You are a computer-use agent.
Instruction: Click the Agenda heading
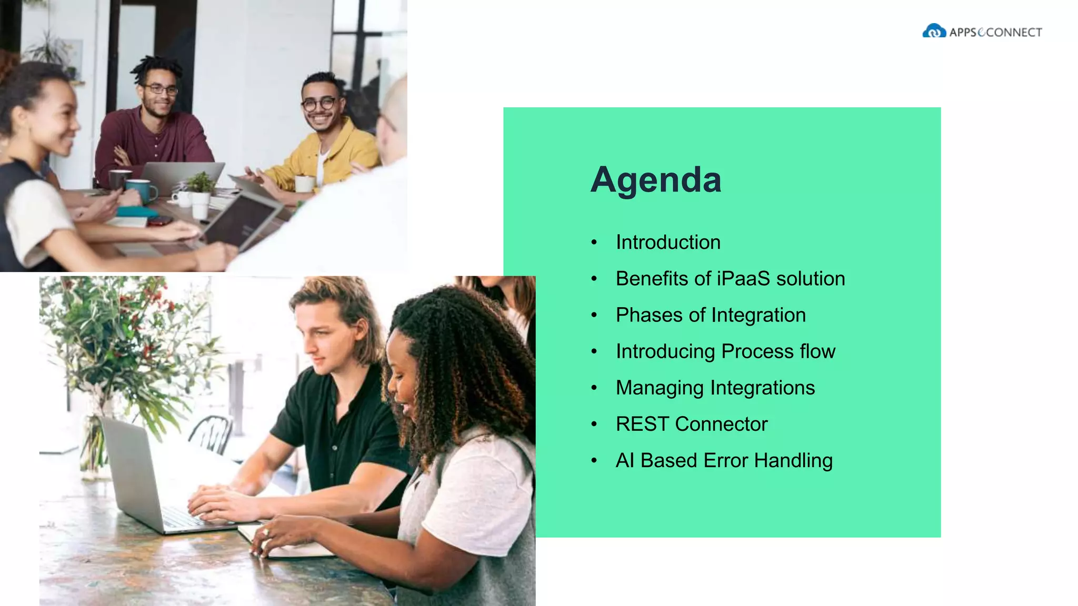(x=655, y=179)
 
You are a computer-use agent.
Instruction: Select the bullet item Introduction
(x=668, y=243)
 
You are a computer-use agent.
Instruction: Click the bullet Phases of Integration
(x=711, y=315)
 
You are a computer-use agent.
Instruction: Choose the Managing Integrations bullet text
(x=715, y=388)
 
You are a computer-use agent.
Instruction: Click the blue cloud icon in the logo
(x=934, y=32)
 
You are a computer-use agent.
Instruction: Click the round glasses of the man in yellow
(x=319, y=104)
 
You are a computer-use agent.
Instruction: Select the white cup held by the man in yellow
(x=304, y=184)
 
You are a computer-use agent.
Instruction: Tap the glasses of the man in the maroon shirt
(x=161, y=90)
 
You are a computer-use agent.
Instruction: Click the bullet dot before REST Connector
(x=594, y=424)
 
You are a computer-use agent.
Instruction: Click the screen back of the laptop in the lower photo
(x=132, y=473)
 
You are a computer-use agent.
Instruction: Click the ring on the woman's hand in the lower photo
(x=266, y=532)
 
